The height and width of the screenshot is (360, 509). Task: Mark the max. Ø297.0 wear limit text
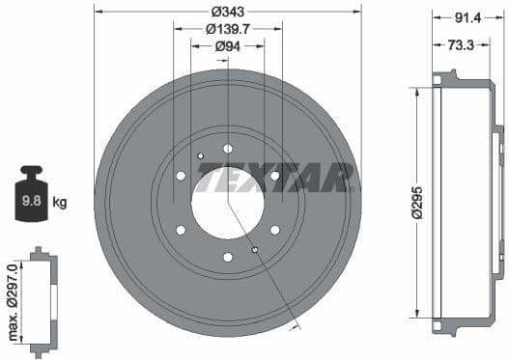click(13, 302)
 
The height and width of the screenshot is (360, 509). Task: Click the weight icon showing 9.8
click(32, 201)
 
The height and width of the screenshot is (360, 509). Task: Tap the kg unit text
click(59, 203)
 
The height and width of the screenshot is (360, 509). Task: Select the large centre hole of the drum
click(228, 203)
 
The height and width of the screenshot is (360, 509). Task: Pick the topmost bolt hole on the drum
click(228, 149)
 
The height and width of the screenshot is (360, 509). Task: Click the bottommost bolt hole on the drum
click(228, 257)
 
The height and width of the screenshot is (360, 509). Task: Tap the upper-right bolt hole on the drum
click(275, 176)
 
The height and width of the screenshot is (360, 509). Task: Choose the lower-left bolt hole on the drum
click(181, 230)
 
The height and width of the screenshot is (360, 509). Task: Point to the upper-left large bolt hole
click(181, 176)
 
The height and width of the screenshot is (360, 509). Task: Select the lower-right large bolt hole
click(275, 230)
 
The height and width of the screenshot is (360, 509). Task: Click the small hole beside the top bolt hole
click(201, 156)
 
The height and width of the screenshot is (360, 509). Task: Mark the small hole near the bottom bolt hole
click(255, 250)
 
